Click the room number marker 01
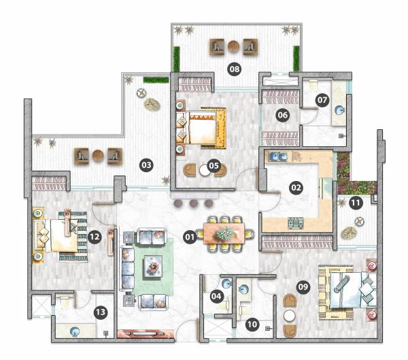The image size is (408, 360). tap(190, 237)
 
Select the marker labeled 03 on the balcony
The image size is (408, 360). tap(145, 164)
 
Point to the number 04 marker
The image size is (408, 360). tap(216, 296)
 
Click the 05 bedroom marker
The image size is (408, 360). tap(214, 165)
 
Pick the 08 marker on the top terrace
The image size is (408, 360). tap(235, 69)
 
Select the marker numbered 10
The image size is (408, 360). tap(252, 325)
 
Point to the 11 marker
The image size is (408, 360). tap(355, 203)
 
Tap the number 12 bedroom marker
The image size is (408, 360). tap(95, 237)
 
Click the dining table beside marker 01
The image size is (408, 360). tap(223, 233)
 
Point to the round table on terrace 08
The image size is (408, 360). tap(234, 46)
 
